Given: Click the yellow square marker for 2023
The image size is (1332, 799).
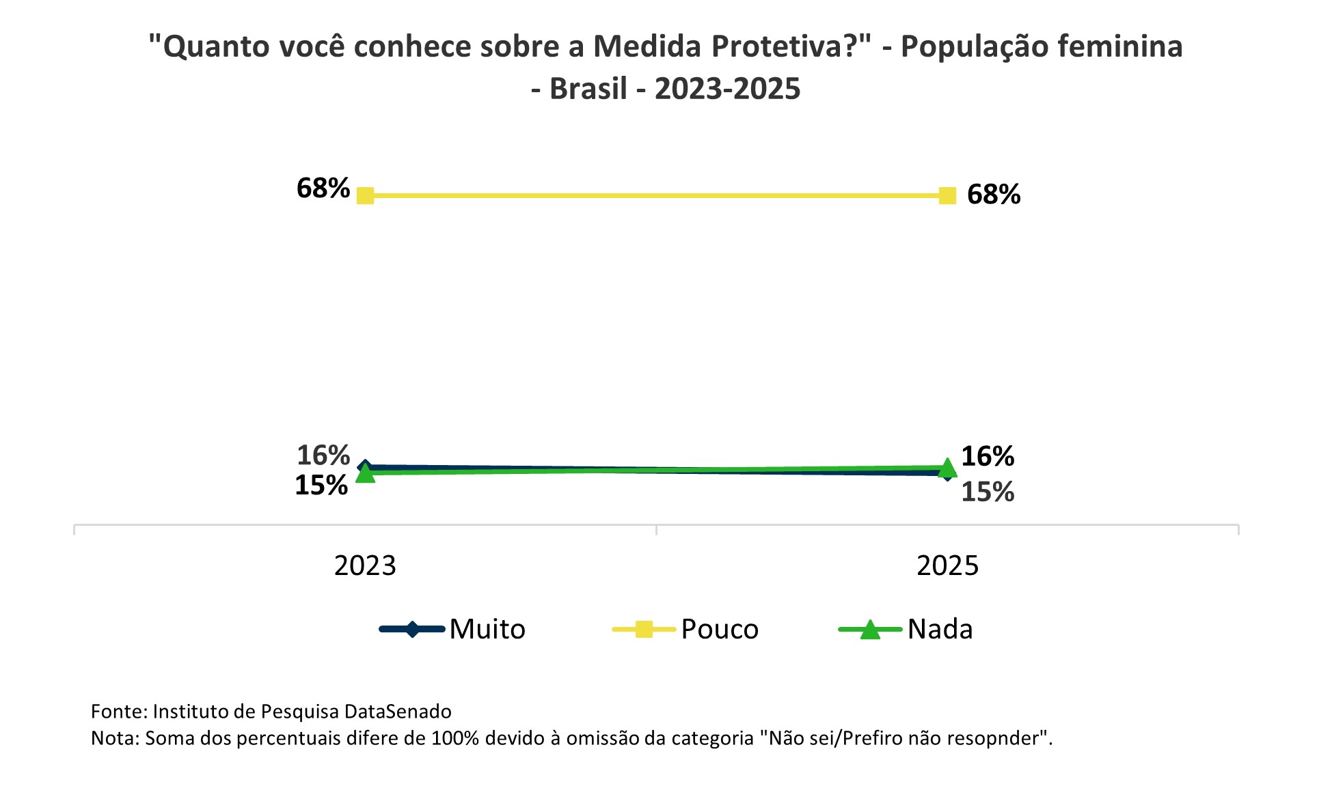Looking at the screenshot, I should [366, 196].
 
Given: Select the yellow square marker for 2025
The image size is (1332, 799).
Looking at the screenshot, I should [947, 196].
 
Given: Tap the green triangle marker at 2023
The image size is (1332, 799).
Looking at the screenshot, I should [366, 473].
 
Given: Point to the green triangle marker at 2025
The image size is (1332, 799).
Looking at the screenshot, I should [947, 468].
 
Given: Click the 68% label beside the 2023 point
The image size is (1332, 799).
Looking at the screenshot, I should [323, 188].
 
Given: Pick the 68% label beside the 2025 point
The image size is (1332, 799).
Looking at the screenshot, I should [994, 195].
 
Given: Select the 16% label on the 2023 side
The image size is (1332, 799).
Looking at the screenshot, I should [323, 455].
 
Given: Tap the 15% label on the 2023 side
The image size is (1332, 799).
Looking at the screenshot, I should [321, 486].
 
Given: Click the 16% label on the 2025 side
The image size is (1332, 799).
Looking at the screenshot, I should [988, 456].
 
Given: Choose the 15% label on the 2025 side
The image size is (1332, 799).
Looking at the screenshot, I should [988, 492].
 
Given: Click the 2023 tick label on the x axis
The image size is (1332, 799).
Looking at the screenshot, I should [365, 566].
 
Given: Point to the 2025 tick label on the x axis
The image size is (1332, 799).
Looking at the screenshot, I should [947, 566].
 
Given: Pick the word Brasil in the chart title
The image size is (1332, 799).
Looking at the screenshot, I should [588, 89].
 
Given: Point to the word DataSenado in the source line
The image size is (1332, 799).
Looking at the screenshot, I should [398, 712].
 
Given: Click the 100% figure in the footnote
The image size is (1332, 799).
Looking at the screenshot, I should [455, 738].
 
